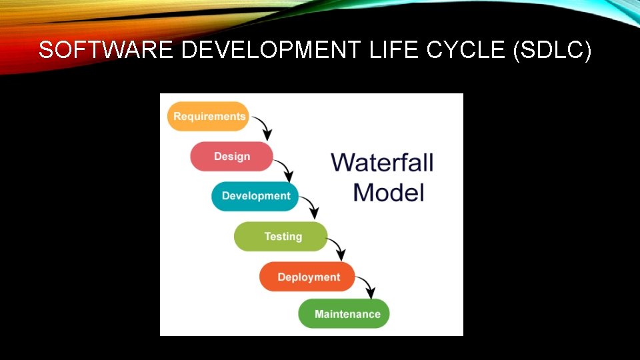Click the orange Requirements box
click(208, 117)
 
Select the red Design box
click(231, 157)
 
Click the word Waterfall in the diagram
click(383, 162)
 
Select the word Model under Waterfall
click(389, 193)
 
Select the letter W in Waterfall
click(344, 162)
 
